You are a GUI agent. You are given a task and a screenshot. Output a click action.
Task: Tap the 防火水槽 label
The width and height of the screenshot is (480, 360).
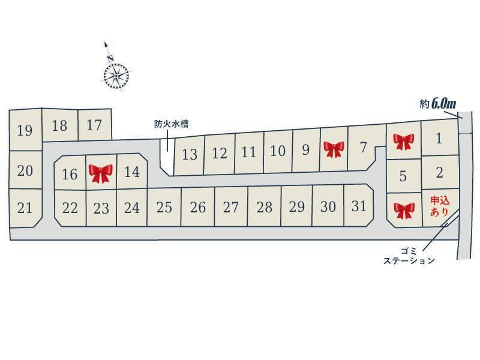tap(171, 124)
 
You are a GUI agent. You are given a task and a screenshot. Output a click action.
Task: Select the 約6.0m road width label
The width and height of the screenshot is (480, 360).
tap(437, 104)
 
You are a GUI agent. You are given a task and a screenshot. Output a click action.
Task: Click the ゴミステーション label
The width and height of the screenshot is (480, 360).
tap(410, 255)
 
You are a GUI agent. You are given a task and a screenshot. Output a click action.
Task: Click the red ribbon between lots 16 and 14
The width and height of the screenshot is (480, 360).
tap(101, 173)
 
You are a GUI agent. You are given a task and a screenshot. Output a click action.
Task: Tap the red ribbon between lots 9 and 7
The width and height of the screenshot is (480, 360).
tap(334, 148)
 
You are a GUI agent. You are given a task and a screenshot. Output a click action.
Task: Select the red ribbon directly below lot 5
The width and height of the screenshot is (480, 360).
tap(404, 210)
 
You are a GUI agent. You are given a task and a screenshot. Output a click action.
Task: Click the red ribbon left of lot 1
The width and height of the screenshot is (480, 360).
tap(404, 142)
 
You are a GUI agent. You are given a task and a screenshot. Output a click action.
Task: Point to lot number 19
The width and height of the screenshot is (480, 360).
tap(25, 130)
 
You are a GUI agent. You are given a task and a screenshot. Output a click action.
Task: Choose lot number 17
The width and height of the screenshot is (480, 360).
tap(94, 125)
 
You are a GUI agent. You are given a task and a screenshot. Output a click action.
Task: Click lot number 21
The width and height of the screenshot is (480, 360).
tap(25, 208)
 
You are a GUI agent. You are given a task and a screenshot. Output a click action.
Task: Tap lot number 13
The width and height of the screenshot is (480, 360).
tap(190, 154)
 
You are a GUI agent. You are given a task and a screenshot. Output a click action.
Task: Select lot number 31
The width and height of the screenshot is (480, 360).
tap(359, 206)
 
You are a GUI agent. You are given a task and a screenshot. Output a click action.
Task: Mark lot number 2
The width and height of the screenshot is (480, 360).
tap(439, 173)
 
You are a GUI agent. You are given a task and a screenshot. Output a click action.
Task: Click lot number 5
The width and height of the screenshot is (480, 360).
tap(403, 176)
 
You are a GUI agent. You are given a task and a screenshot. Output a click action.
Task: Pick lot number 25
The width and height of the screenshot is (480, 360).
tap(164, 208)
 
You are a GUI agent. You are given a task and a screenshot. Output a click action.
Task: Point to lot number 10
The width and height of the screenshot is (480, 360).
tap(277, 151)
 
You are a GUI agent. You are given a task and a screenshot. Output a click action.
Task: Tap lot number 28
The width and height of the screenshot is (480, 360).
tap(264, 207)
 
